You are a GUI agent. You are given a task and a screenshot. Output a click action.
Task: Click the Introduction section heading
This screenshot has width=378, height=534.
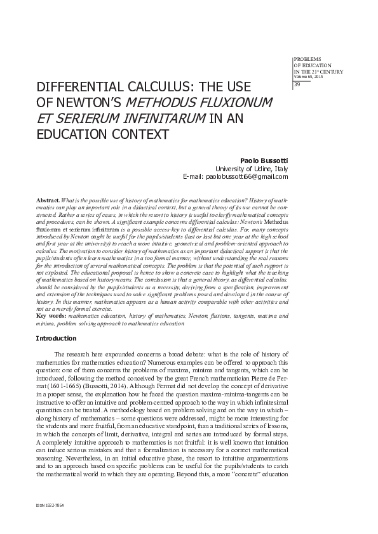point(57,339)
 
